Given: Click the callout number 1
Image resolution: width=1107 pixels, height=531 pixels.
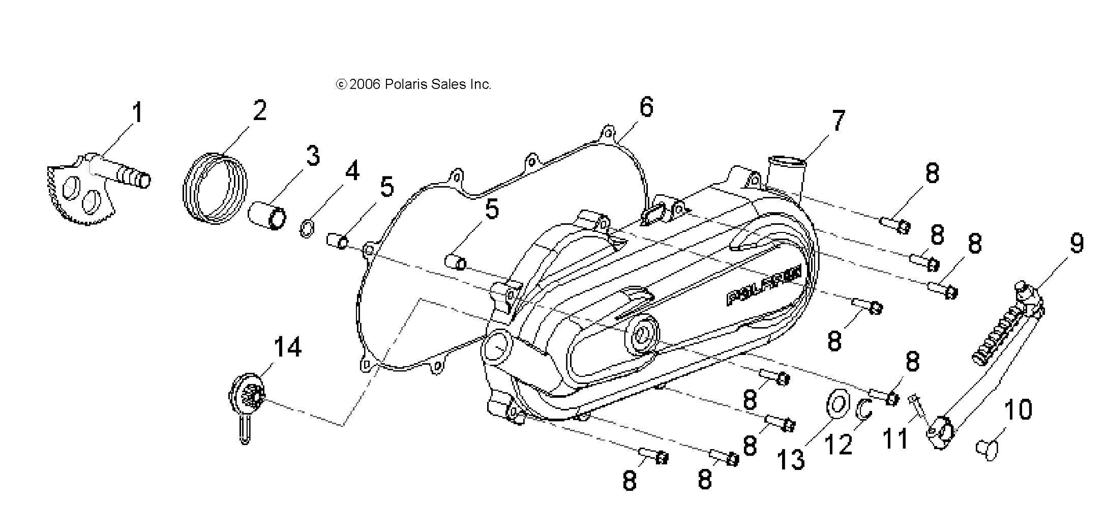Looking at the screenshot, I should [x=137, y=112].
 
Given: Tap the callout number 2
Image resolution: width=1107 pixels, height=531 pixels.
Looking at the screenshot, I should [x=259, y=110].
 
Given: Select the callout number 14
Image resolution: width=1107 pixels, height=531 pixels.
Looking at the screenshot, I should [x=287, y=347].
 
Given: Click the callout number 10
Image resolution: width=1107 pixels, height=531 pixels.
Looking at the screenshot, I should [x=1018, y=409].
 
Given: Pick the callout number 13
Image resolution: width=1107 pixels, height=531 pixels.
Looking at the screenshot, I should [x=791, y=459].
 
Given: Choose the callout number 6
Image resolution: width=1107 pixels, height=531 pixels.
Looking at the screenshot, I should [x=645, y=107].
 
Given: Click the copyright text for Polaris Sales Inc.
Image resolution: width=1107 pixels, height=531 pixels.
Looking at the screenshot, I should [x=413, y=84].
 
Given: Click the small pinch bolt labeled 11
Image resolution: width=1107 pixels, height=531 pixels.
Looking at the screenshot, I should [x=918, y=410].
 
